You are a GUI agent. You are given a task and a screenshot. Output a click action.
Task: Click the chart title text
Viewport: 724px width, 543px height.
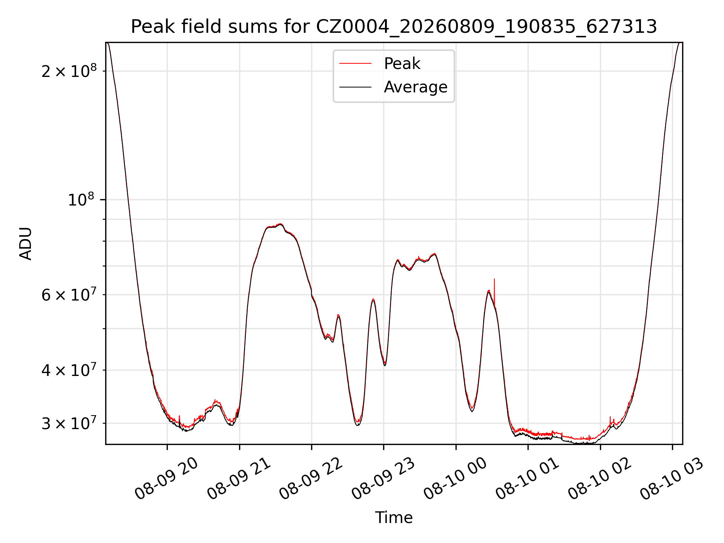[x=394, y=27]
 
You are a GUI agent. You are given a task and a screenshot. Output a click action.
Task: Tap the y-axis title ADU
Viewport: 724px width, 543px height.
[x=26, y=243]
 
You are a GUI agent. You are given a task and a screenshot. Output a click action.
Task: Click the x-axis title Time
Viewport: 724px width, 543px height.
[x=394, y=517]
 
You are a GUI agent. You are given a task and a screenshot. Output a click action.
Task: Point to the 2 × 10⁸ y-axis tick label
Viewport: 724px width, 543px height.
[x=69, y=71]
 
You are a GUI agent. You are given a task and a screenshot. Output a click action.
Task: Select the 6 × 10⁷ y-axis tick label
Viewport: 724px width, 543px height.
[x=69, y=295]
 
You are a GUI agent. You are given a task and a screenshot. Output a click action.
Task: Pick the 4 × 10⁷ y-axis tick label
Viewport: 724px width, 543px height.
[x=69, y=370]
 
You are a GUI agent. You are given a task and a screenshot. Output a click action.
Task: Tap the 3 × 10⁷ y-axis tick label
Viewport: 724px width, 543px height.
[x=69, y=423]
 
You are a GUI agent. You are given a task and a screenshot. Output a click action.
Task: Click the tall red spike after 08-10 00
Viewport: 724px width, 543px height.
[x=494, y=292]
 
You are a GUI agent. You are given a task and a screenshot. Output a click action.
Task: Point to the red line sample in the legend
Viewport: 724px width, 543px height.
[x=355, y=63]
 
